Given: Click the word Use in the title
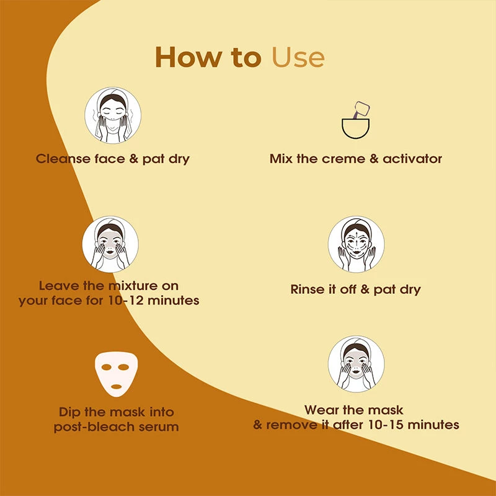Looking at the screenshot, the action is point(298,57).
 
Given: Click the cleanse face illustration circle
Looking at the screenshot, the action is point(113,115).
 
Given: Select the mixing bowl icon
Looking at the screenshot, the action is point(355,128).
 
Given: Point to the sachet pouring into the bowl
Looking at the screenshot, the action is point(361,110).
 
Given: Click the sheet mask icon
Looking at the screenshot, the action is point(117,374).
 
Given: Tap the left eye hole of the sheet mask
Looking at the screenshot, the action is point(106,367).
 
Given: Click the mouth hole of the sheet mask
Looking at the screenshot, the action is point(117,386).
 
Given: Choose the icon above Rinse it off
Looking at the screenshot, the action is point(356,244).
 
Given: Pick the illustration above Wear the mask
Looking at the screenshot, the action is point(356,364).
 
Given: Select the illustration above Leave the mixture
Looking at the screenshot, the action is point(110,244).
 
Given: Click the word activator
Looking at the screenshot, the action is point(412,159).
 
